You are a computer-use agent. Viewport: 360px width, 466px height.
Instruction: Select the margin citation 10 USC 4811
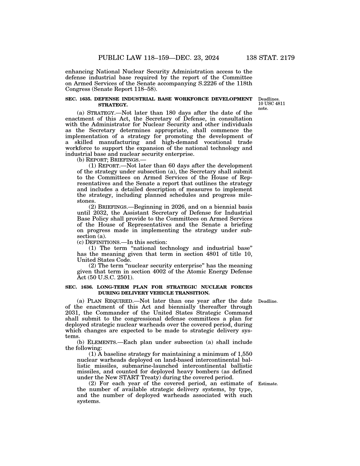(272, 104)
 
